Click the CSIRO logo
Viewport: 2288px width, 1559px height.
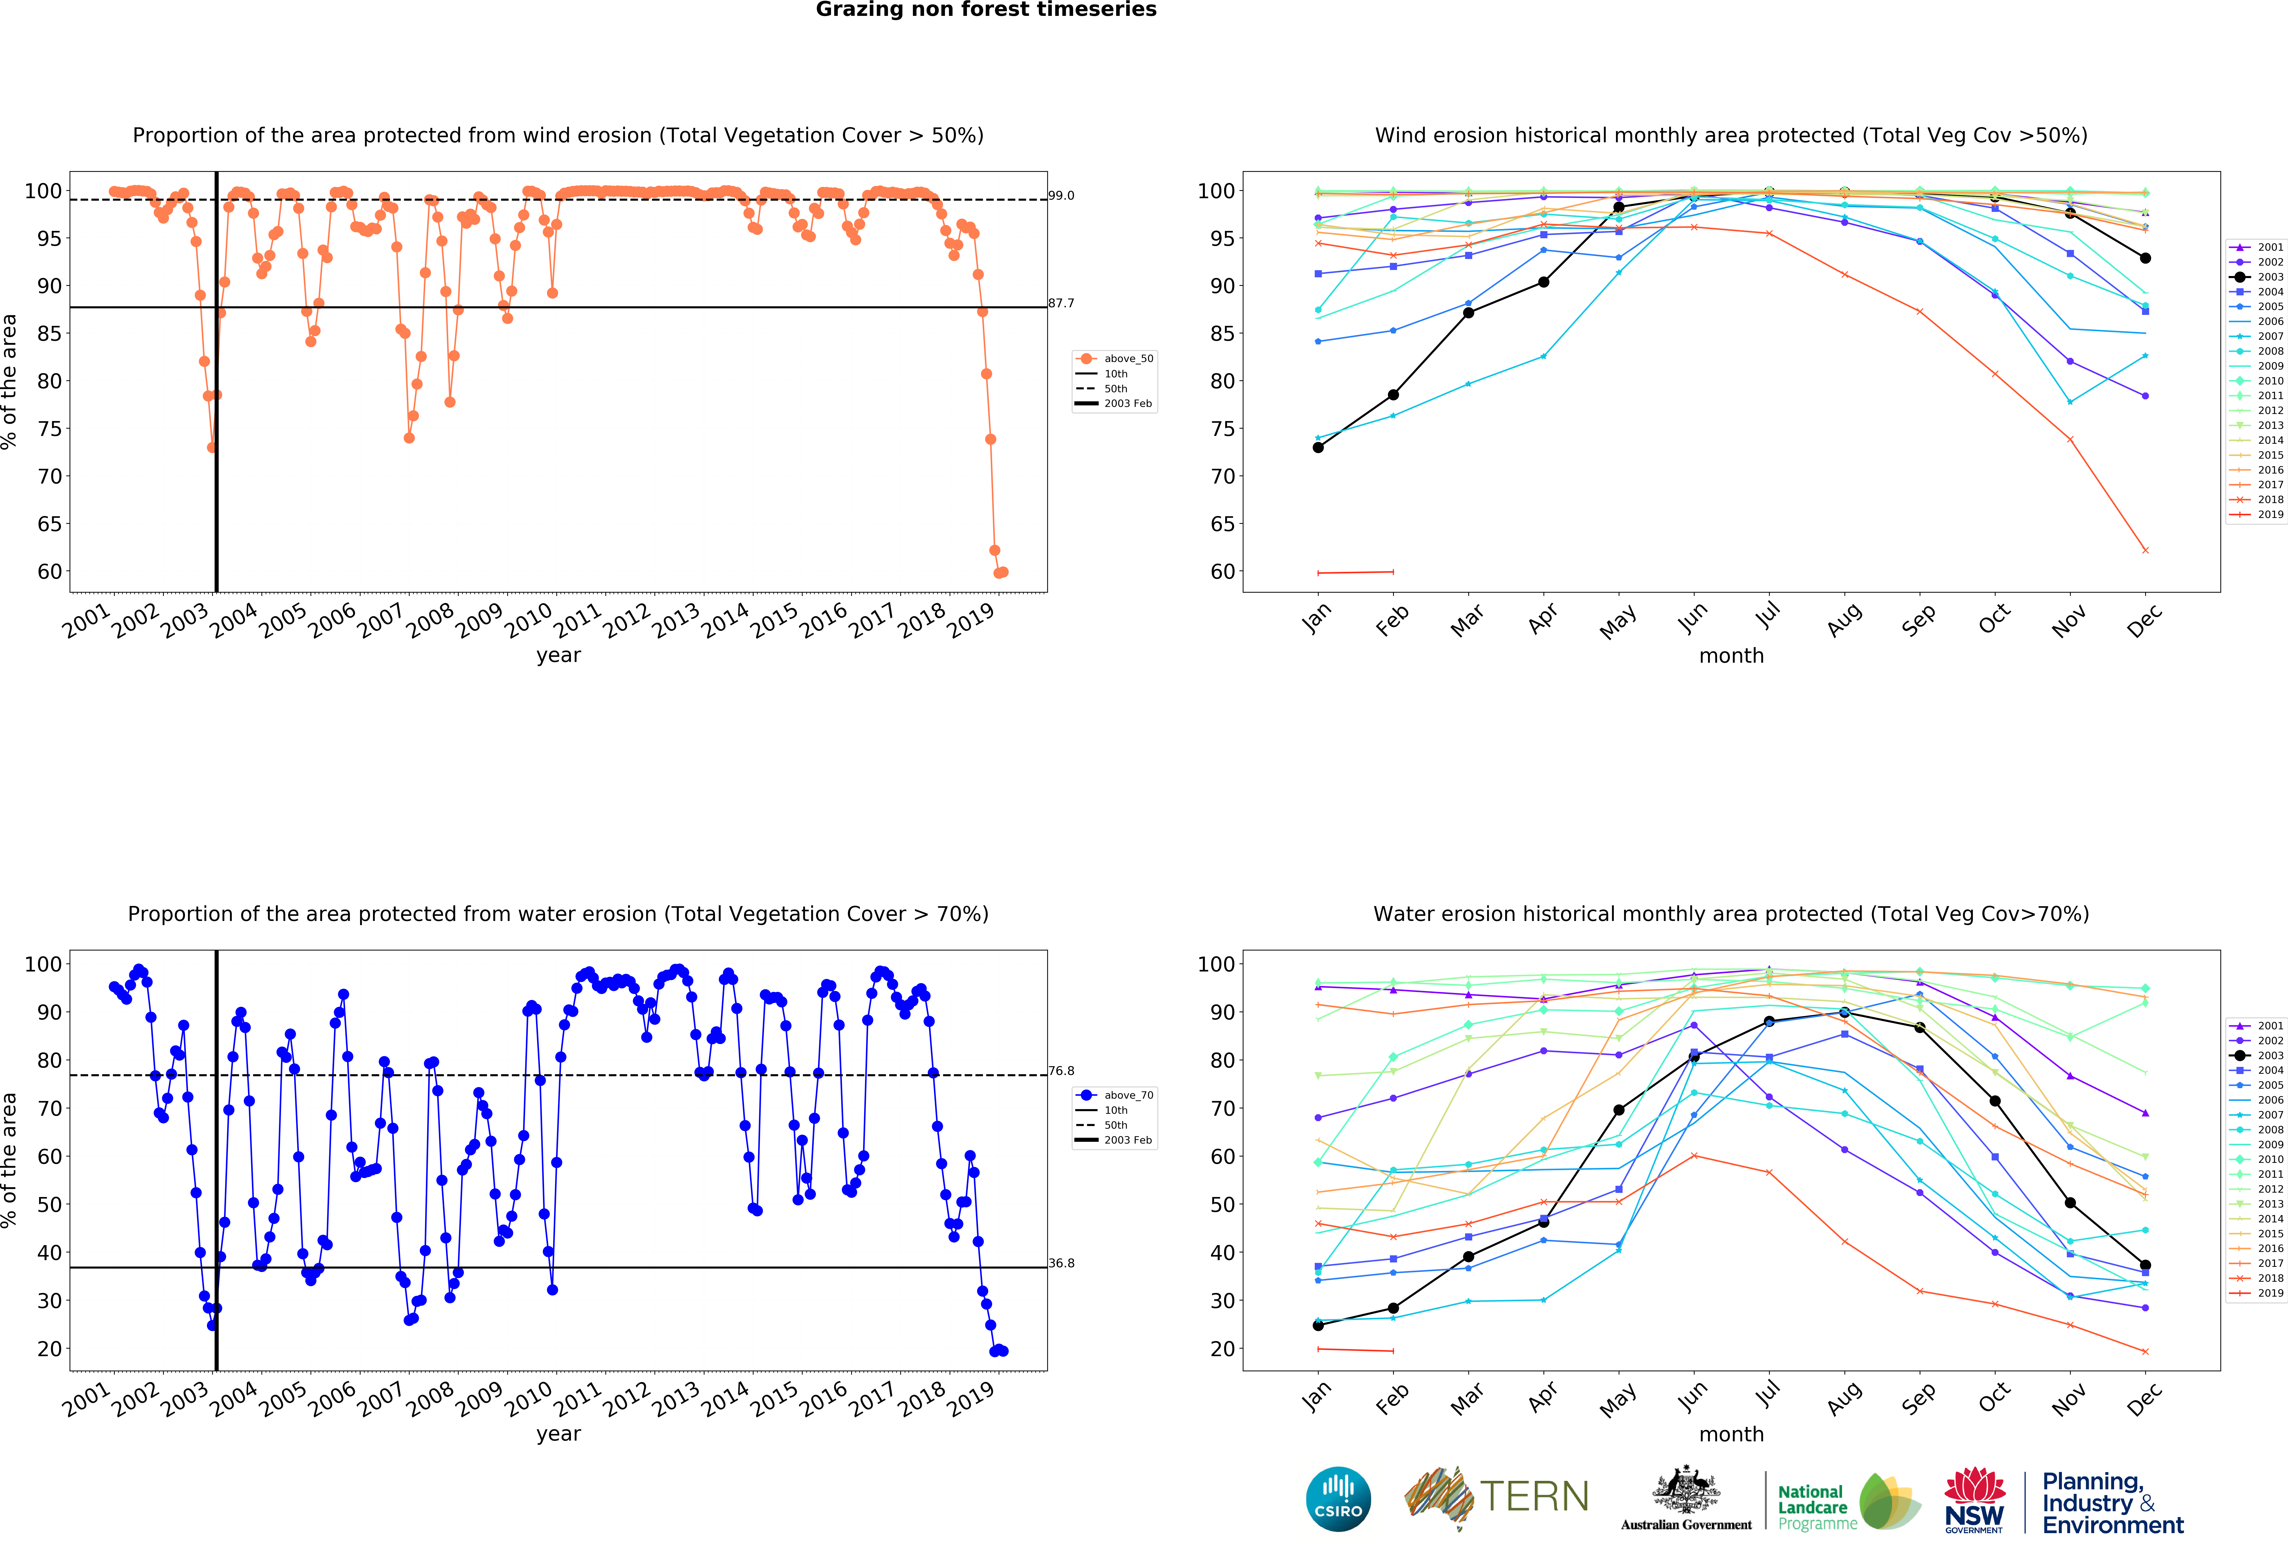(1338, 1499)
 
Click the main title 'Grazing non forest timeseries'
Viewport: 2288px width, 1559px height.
(985, 10)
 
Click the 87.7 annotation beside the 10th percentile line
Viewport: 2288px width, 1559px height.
(1061, 303)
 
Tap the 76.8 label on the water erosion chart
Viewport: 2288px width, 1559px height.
(1061, 1071)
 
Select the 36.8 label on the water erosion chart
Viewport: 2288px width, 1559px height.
(1061, 1263)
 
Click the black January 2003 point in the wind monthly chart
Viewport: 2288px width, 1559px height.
(1318, 448)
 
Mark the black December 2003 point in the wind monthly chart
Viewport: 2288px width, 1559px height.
(2145, 258)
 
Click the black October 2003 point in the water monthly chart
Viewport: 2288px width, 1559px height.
(1995, 1101)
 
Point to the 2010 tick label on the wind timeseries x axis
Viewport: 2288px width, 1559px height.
(529, 621)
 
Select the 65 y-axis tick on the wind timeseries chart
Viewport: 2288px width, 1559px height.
(49, 524)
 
